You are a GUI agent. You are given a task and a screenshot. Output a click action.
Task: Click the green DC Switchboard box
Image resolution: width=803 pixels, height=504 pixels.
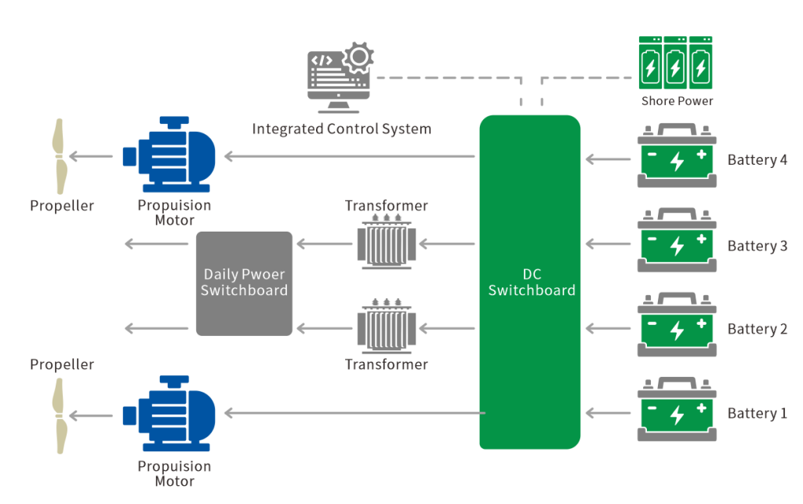pyautogui.click(x=530, y=283)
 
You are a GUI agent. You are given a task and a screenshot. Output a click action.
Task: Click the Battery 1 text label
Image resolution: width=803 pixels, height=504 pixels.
pyautogui.click(x=757, y=413)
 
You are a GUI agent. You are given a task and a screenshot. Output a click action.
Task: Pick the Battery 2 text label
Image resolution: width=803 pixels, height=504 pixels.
pyautogui.click(x=757, y=329)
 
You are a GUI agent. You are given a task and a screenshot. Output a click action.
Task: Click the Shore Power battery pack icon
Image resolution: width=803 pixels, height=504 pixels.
pyautogui.click(x=674, y=63)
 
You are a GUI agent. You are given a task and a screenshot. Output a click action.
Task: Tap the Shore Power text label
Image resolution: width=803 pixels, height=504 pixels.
pyautogui.click(x=677, y=101)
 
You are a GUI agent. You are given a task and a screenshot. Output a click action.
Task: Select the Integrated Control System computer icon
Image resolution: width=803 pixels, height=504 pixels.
pyautogui.click(x=338, y=79)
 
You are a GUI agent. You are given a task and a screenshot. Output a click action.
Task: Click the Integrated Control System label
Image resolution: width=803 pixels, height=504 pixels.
pyautogui.click(x=341, y=129)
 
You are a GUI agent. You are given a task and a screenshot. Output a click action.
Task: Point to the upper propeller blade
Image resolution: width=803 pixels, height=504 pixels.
pyautogui.click(x=59, y=155)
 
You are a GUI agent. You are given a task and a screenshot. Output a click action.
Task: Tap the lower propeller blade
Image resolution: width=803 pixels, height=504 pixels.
pyautogui.click(x=59, y=415)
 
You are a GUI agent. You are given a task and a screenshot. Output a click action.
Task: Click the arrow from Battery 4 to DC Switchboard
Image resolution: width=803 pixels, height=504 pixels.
pyautogui.click(x=609, y=159)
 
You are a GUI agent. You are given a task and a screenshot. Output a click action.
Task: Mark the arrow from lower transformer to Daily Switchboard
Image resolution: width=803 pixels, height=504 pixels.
pyautogui.click(x=322, y=327)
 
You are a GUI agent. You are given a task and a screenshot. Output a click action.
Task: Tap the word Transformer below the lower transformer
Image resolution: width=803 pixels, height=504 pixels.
pyautogui.click(x=387, y=364)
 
